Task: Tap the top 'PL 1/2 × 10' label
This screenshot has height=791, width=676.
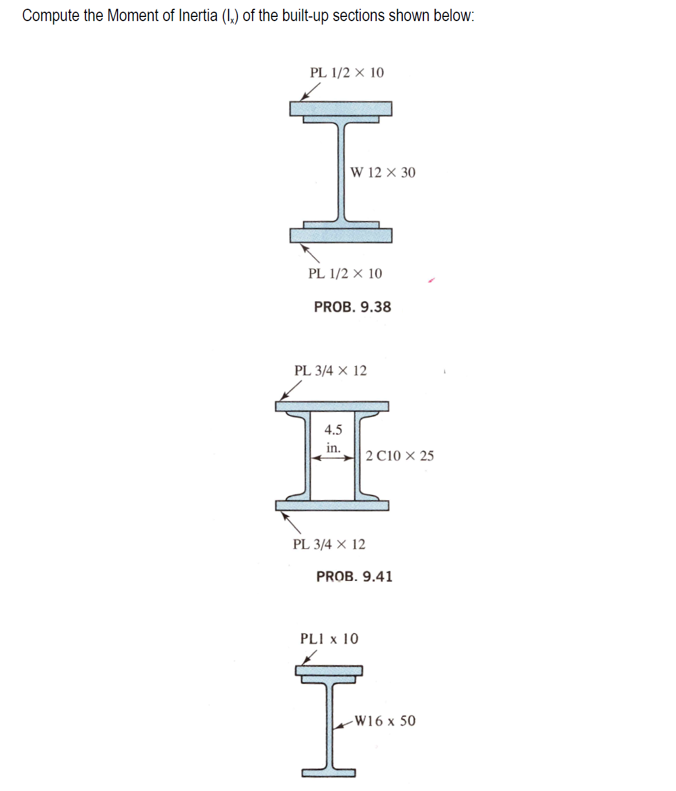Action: (347, 73)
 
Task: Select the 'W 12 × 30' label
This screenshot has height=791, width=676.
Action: (382, 172)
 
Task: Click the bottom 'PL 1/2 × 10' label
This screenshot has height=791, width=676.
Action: (345, 273)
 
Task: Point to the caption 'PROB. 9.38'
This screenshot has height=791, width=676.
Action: (353, 307)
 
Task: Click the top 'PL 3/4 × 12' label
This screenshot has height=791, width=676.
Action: (330, 370)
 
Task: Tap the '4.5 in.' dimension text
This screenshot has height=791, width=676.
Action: (333, 438)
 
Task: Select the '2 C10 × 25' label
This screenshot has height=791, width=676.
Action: (399, 455)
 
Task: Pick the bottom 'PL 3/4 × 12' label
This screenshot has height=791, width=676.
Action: (329, 544)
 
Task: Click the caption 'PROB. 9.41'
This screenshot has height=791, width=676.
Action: (354, 576)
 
